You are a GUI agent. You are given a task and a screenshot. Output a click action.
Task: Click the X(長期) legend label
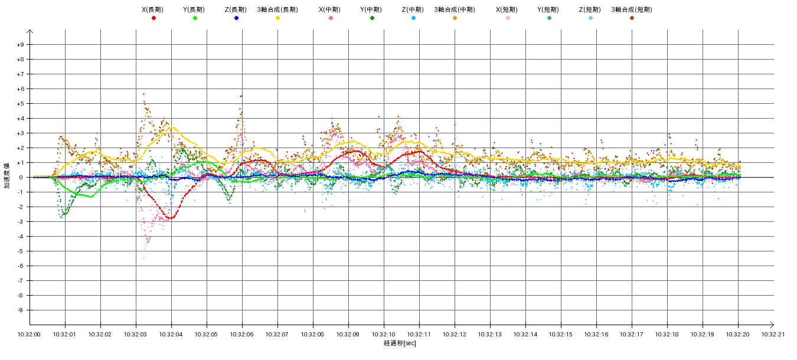coord(153,9)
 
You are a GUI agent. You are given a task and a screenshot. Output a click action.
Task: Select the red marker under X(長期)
coord(153,18)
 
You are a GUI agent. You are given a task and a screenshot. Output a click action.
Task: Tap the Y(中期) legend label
coord(371,9)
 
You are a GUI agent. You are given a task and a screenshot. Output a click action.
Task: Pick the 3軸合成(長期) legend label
coord(277,9)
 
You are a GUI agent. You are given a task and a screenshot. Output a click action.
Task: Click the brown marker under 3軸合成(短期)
coord(632,18)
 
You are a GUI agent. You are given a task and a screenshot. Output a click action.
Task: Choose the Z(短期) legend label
coord(590,9)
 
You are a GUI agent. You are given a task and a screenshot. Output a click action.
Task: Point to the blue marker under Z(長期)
coord(236,18)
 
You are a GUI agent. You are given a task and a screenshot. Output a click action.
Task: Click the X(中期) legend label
coord(330,9)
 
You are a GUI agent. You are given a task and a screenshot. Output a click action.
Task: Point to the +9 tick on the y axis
coord(20,45)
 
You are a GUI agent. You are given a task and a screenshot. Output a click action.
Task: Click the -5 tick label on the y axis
coord(20,251)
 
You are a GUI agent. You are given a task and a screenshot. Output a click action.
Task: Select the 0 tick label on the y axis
coord(21,178)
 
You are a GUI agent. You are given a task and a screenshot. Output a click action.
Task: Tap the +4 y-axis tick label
coord(20,119)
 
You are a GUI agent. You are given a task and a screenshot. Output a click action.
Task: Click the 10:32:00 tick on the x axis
coord(30,334)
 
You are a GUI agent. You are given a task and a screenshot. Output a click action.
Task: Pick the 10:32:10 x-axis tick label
coord(384,334)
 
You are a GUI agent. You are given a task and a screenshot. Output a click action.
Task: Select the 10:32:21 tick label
coord(773,334)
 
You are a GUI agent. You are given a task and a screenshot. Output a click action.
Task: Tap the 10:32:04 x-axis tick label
coord(171,334)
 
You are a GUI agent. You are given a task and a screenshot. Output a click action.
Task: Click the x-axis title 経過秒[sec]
coord(400,343)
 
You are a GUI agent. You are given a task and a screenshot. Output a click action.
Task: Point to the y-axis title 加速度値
coord(8,177)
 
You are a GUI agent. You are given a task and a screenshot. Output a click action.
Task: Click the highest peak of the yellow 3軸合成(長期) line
coord(172,127)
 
